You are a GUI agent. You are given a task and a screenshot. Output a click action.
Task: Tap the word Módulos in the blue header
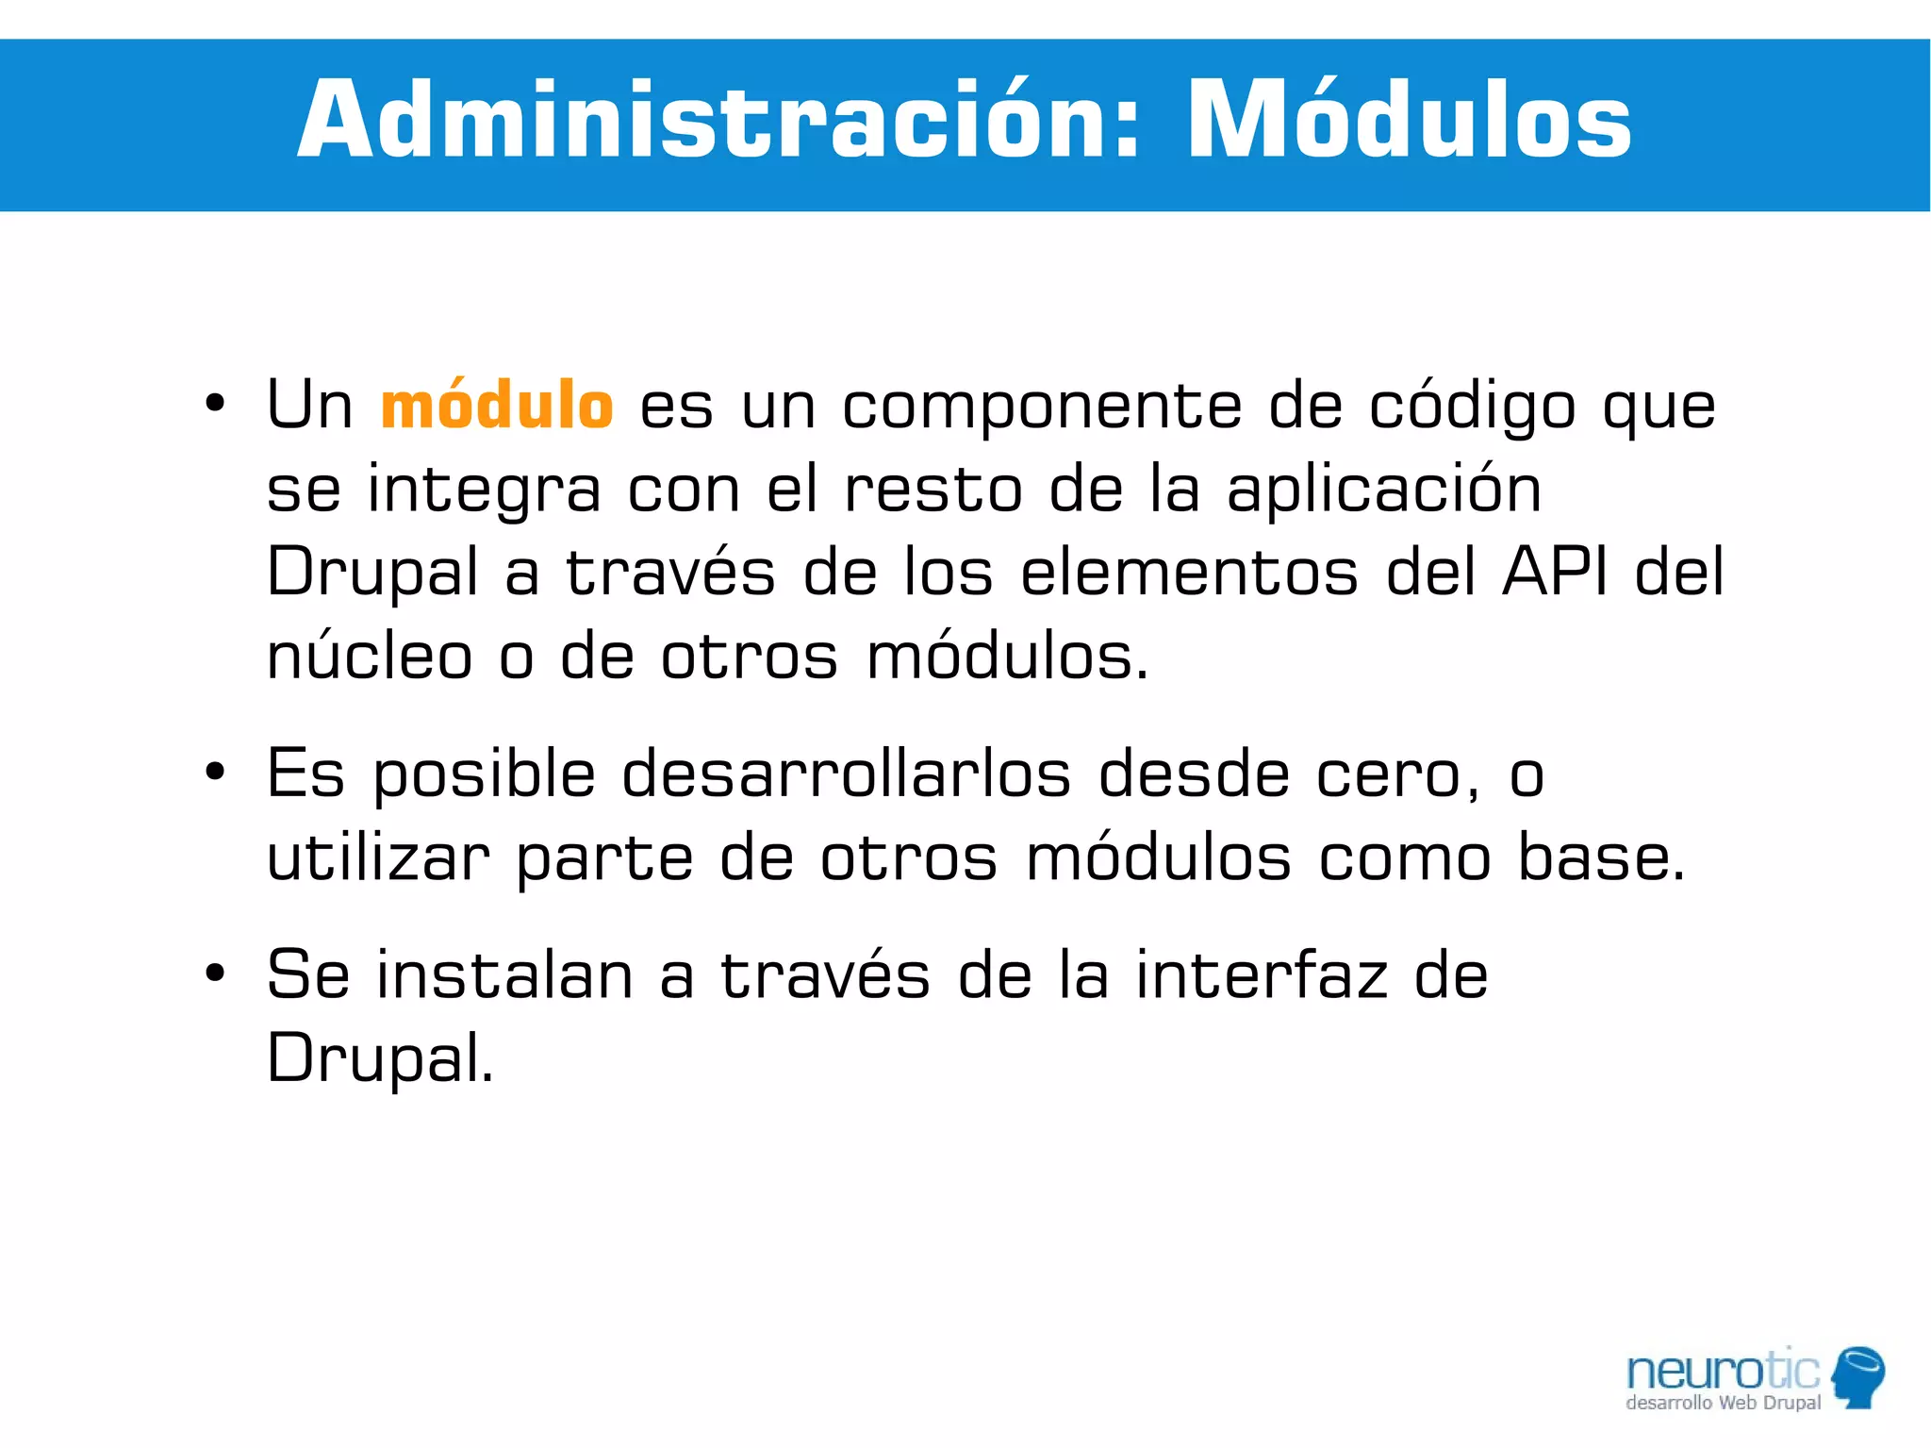(1409, 121)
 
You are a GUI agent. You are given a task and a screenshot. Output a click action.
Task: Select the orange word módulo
(497, 406)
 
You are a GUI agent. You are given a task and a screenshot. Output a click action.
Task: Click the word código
(1472, 406)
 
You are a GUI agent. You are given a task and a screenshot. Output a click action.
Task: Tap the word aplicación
(1383, 489)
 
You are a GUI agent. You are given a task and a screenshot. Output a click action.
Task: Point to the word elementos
(1190, 574)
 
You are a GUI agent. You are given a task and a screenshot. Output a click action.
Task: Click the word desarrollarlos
(846, 774)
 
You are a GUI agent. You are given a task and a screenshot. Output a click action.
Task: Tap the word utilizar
(378, 857)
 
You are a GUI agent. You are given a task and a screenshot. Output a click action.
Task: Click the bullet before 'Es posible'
(215, 773)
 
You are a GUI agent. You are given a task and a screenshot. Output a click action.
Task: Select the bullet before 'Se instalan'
(215, 973)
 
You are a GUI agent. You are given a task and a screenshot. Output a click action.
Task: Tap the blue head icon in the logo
(1858, 1376)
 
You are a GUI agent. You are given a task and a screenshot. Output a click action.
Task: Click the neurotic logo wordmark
(1723, 1370)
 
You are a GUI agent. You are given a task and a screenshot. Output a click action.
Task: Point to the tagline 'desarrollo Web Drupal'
(1723, 1403)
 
